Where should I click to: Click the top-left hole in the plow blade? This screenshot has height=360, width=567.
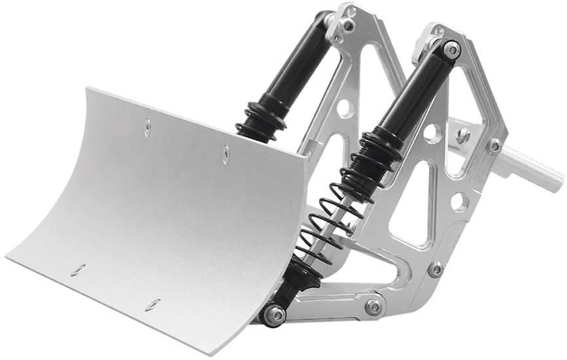[148, 128]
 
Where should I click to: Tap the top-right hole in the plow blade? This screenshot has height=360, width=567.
[226, 154]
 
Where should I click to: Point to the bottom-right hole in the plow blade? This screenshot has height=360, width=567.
[153, 304]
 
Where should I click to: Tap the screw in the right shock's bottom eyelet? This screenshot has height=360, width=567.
[275, 315]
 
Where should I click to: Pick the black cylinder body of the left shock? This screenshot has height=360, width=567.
[301, 62]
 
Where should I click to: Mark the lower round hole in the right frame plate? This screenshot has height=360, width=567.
[460, 202]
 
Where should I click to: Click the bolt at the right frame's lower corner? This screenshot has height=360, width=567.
[435, 268]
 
